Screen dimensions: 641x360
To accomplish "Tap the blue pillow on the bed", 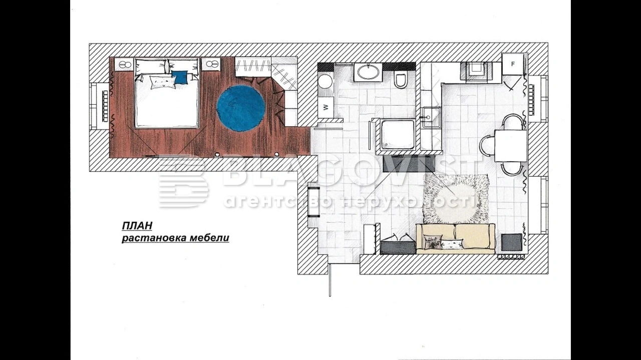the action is point(180,77).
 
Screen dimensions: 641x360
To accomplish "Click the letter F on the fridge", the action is point(513,64).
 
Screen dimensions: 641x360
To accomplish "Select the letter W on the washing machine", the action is point(326,107).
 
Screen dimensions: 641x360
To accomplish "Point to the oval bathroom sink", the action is point(368,73).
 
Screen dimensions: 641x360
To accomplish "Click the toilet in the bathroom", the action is point(400,79).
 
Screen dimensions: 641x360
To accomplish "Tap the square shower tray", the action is point(396,135).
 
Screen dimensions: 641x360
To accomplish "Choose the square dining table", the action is point(510,146).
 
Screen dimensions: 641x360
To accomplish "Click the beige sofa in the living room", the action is point(455,239).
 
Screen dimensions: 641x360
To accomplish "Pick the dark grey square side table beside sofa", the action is point(512,243).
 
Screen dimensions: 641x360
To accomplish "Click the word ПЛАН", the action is point(137,226).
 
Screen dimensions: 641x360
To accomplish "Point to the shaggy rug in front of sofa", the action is point(456,199).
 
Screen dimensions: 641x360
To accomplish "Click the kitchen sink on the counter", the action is point(431,117).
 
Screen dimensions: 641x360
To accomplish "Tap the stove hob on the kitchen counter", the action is point(476,71).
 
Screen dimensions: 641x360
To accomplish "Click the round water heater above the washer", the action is point(325,82).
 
